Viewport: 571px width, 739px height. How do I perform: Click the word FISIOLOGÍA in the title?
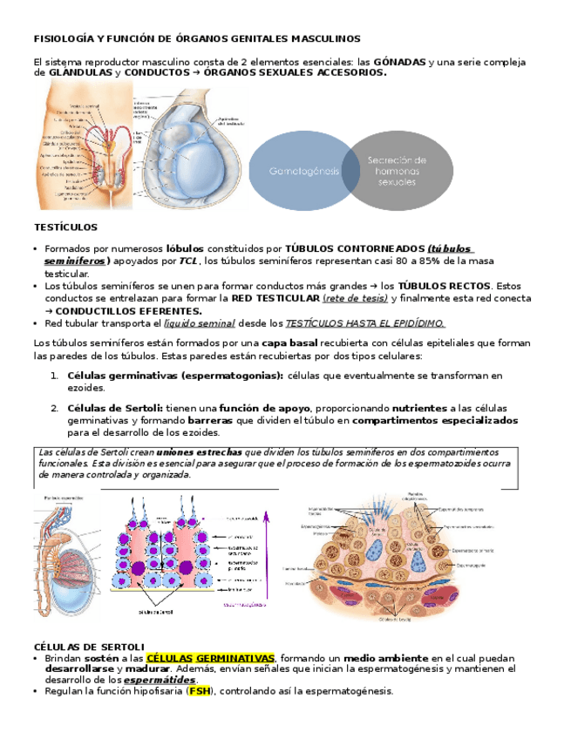[64, 38]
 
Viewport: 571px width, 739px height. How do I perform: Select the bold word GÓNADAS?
[399, 63]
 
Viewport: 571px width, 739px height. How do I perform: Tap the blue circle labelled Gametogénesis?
[304, 170]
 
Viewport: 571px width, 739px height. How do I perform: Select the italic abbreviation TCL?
[189, 261]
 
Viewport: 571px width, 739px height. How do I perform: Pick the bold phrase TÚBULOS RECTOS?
[445, 285]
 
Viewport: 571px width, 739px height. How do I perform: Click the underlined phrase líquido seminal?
[200, 322]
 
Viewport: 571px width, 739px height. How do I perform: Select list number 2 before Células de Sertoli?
[54, 407]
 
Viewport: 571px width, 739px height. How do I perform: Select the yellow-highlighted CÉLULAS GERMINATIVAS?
[210, 657]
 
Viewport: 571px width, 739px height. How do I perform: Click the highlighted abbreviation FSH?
[200, 691]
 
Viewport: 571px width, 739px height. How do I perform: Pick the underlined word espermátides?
[160, 679]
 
